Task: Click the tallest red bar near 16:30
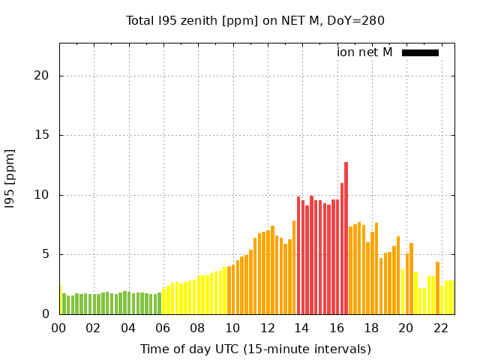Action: (346, 238)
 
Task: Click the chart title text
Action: (255, 20)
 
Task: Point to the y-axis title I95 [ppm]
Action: (10, 178)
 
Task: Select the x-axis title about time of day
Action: (255, 349)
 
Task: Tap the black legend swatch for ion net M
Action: (420, 52)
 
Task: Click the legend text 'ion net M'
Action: (364, 52)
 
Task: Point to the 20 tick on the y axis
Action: (41, 76)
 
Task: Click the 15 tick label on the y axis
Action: (41, 136)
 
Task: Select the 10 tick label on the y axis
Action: (41, 195)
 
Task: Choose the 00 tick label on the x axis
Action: (59, 328)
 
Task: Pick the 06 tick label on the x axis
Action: (163, 328)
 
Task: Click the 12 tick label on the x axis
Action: (267, 328)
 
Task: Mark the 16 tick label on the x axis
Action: (337, 328)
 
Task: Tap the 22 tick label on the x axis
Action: (441, 328)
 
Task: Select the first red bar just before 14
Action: (298, 255)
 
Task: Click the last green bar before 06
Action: (159, 303)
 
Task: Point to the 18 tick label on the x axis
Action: (371, 328)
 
